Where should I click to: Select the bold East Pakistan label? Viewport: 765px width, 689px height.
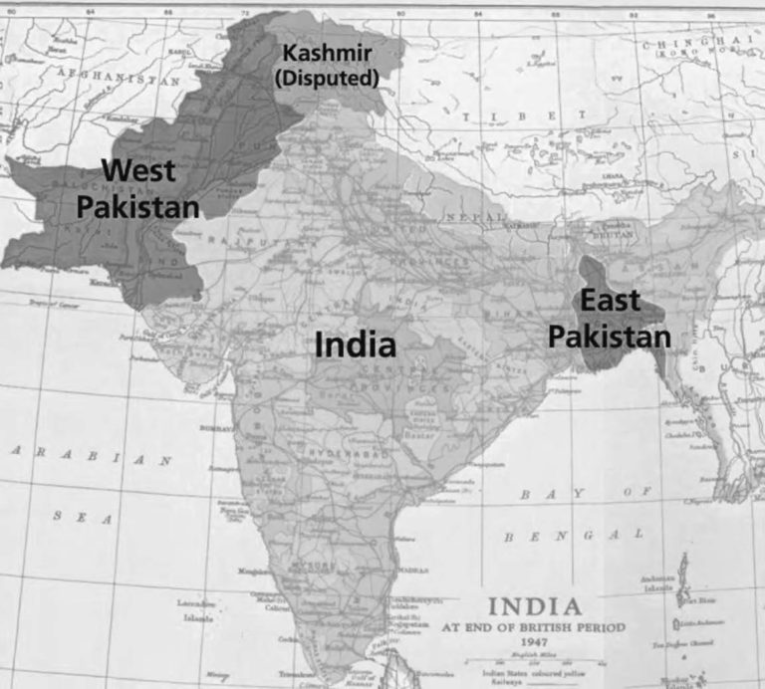(610, 320)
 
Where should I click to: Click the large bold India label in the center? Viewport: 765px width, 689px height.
(356, 345)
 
